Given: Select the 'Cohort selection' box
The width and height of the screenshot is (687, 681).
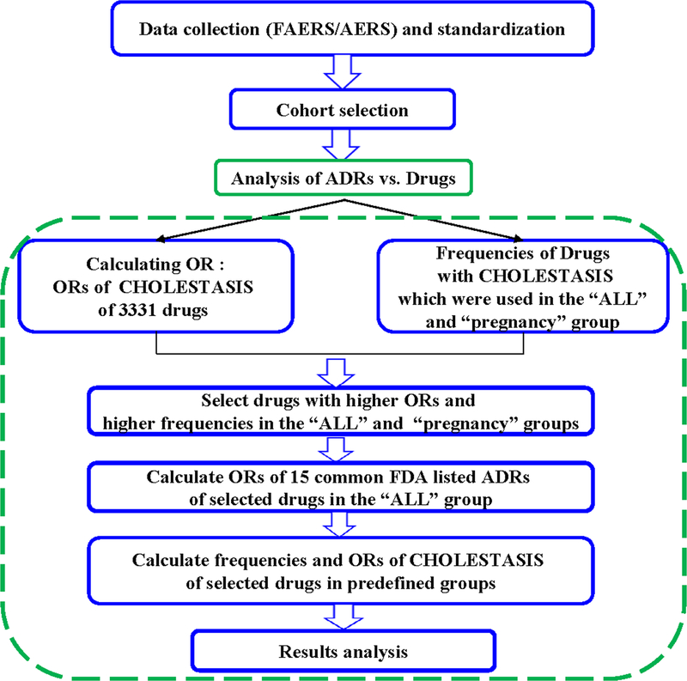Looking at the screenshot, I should (342, 110).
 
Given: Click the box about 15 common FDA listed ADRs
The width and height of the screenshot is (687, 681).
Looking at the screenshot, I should (342, 487).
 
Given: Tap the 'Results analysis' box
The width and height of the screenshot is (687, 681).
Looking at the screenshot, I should (342, 651).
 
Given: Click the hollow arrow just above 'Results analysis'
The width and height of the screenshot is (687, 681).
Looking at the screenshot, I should (342, 615).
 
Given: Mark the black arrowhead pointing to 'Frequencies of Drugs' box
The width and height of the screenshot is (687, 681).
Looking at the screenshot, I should (519, 242).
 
